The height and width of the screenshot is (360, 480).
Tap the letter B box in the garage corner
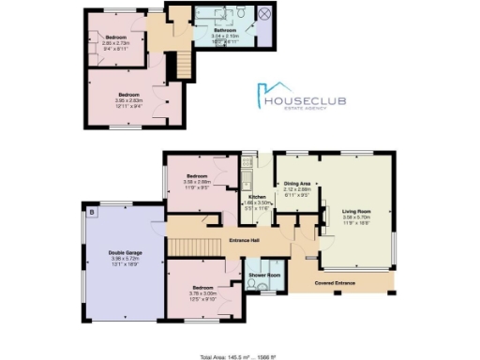pos(91,212)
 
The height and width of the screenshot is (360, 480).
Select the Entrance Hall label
pos(244,242)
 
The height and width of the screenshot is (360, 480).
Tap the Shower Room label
pos(265,276)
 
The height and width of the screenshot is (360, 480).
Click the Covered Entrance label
pos(339,281)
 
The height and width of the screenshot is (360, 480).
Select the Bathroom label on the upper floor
pos(224,31)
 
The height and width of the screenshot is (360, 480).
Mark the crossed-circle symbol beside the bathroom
pos(264,16)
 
